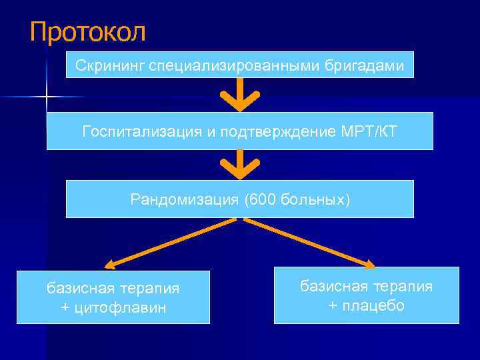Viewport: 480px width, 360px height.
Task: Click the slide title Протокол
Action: click(87, 32)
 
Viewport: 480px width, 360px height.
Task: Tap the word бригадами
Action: click(370, 65)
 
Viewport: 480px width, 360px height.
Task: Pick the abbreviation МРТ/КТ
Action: click(368, 131)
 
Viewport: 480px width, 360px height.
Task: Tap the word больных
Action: click(312, 199)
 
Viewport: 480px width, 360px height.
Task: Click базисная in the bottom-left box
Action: click(78, 288)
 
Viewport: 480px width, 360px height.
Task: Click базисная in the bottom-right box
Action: click(332, 286)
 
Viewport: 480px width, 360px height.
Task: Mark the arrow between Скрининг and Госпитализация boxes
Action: click(239, 97)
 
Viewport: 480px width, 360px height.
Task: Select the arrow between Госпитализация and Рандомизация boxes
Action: click(239, 165)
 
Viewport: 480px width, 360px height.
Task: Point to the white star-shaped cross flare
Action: click(47, 98)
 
